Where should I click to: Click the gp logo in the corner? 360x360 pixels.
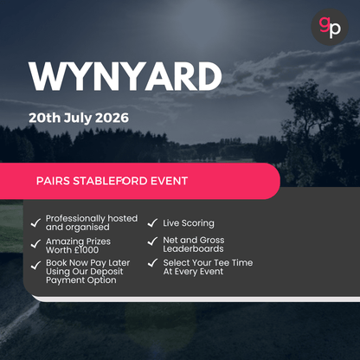click(x=329, y=26)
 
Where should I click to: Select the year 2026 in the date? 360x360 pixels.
click(x=114, y=117)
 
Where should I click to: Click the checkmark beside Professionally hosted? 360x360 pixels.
click(x=35, y=222)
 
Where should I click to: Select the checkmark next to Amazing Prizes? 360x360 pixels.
click(x=35, y=243)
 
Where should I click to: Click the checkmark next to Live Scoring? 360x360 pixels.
click(x=152, y=222)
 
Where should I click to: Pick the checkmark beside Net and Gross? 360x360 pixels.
click(x=152, y=243)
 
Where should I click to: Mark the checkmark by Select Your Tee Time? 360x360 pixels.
click(x=152, y=263)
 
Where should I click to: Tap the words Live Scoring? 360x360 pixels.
click(x=189, y=223)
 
